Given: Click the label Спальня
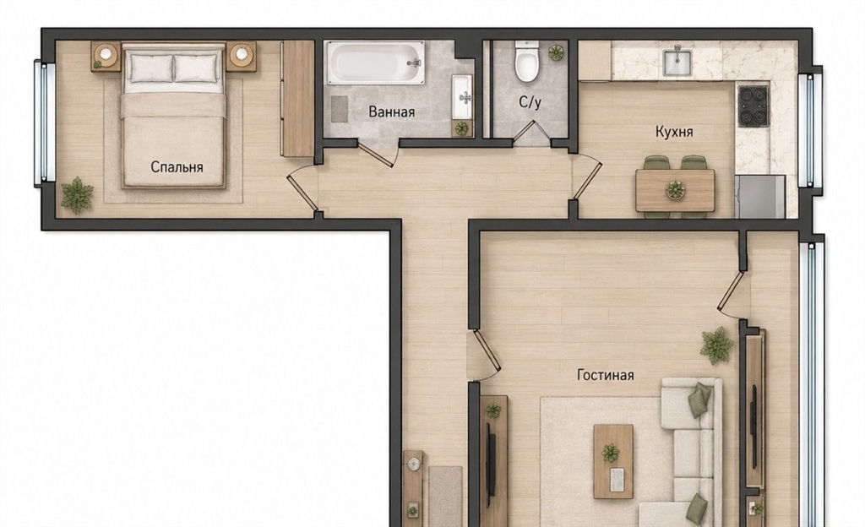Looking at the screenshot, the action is point(177,167).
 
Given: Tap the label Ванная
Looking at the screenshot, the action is point(391,112).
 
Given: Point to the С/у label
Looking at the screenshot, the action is point(530,102).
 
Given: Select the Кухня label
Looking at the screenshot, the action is point(674,132).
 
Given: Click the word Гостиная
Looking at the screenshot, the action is point(605,375).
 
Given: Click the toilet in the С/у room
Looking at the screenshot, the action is point(526,61).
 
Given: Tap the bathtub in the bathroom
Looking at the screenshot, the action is point(376,62).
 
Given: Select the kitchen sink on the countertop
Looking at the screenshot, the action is point(677,61).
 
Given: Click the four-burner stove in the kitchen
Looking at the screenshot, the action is point(753,106).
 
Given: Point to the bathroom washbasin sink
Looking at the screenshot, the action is point(462,97).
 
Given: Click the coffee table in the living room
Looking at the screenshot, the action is point(613,461).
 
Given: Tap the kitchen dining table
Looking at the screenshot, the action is point(675,191).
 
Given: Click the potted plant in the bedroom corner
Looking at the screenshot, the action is point(78,195).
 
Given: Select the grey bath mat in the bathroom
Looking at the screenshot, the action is point(340,109).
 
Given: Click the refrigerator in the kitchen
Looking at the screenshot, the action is point(760,196).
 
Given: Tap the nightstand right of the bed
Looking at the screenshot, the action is point(241,57).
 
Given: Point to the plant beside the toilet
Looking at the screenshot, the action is point(556,53).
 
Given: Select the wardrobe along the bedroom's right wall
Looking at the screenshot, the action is point(297,99).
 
